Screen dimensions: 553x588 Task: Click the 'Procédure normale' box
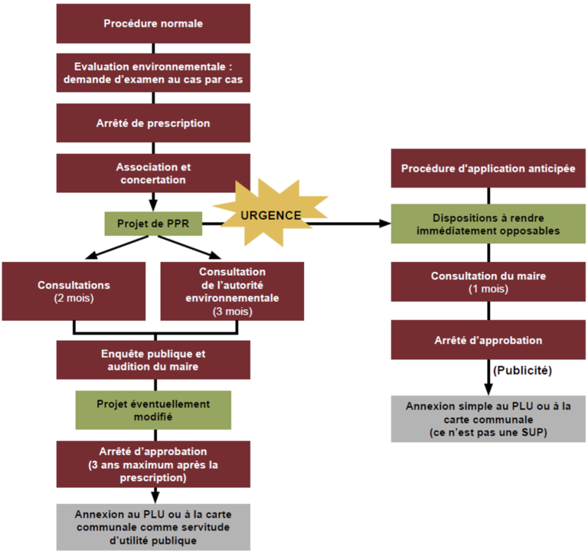tap(153, 23)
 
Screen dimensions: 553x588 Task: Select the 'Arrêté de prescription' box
tap(153, 123)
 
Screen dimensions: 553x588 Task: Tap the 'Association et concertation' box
tap(153, 173)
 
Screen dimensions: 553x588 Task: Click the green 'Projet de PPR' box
tap(153, 224)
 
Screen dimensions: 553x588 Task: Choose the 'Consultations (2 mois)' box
tap(73, 290)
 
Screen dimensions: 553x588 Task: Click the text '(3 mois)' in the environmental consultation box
tap(232, 312)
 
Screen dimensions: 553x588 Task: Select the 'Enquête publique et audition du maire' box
tap(153, 360)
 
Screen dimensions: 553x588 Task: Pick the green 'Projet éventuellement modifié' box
tap(153, 410)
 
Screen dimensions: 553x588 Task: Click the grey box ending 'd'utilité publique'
tap(153, 526)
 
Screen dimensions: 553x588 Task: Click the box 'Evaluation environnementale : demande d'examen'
tap(153, 72)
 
